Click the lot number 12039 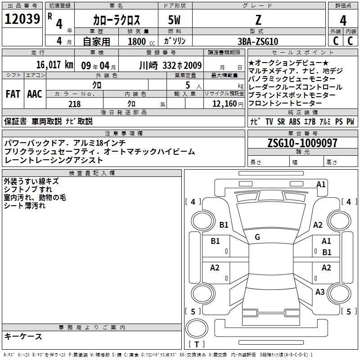pos(22,19)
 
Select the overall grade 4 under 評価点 pos(343,20)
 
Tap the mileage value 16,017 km pos(54,65)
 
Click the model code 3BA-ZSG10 pos(258,41)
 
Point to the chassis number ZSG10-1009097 pos(302,143)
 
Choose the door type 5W pos(174,20)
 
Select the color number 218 pos(74,104)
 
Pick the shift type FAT pos(13,94)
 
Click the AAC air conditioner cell pos(35,94)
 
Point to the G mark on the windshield pos(257,237)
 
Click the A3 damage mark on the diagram pos(320,292)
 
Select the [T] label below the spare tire pos(197,344)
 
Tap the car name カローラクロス pos(117,20)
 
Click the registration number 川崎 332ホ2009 pos(171,65)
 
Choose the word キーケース pos(23,336)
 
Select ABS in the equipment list pos(295,121)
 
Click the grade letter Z pos(258,20)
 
